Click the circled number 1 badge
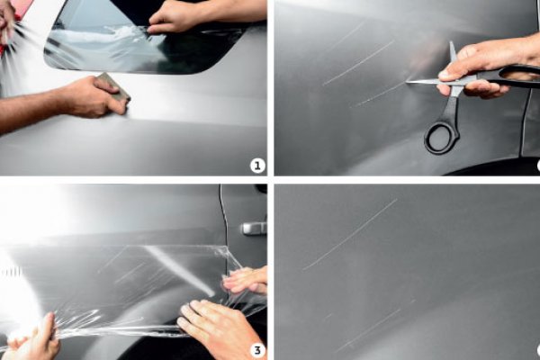[x=257, y=166]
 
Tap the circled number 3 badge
[x=257, y=350]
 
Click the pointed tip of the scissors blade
[x=407, y=82]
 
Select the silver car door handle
[x=254, y=229]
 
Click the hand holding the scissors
[x=482, y=70]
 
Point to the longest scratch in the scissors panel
[x=358, y=63]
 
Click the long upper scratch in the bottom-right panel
[x=350, y=234]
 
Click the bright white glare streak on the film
[x=179, y=269]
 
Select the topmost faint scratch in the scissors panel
[x=345, y=37]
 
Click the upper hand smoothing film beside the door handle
[x=245, y=280]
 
